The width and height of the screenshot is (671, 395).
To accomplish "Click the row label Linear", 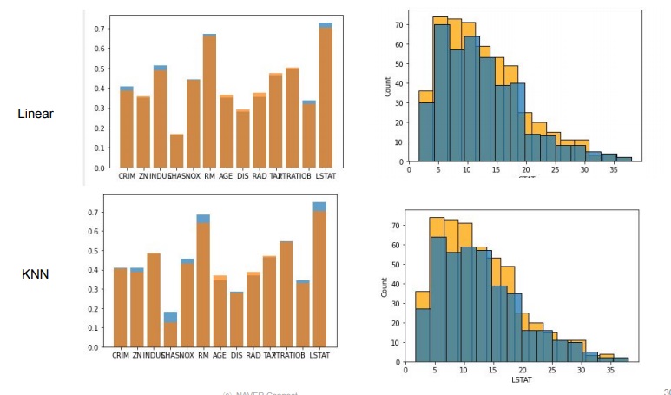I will (36, 114).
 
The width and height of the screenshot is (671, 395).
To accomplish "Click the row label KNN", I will (36, 275).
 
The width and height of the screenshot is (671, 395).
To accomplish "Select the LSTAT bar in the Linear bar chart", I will (326, 95).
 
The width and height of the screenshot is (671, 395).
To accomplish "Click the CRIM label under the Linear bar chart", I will (126, 176).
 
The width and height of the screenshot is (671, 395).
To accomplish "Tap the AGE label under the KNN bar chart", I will (220, 355).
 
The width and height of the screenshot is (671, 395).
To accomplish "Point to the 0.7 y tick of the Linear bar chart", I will (100, 29).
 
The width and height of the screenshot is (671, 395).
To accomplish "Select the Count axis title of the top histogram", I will (386, 88).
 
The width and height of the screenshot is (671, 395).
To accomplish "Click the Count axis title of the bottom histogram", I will (384, 287).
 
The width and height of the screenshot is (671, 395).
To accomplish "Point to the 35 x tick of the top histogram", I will (615, 171).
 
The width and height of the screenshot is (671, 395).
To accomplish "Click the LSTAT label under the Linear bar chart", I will (326, 176).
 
